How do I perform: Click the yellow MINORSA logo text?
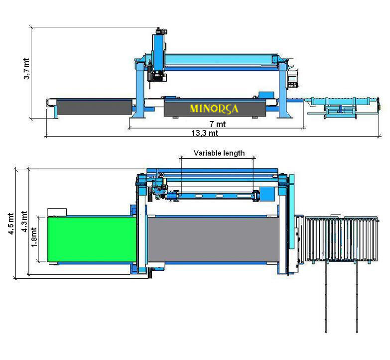214,109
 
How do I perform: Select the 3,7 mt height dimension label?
26,69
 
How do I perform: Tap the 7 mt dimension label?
217,124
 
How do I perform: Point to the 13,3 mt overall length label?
205,133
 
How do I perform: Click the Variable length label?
219,153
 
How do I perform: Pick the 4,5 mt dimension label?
11,224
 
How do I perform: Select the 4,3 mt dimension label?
24,222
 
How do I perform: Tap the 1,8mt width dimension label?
34,238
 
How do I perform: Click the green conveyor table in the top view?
92,239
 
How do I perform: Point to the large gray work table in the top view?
213,240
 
